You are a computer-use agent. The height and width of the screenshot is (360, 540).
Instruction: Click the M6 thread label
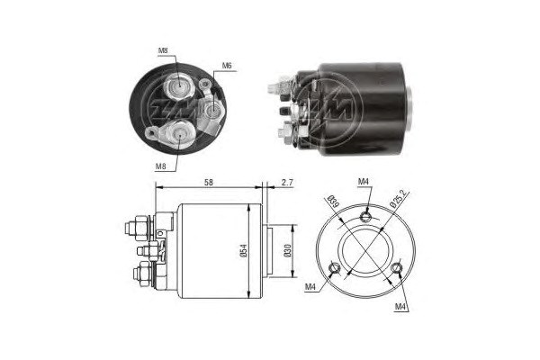point(227,65)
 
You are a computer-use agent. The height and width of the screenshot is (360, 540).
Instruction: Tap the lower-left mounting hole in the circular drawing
point(335,267)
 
